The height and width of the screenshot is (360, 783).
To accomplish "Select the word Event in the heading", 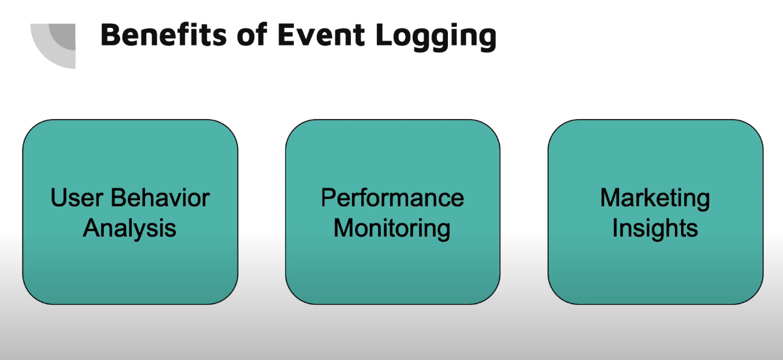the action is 322,35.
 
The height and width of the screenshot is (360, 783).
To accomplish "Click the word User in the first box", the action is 77,198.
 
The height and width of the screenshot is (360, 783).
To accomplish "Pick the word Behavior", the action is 160,198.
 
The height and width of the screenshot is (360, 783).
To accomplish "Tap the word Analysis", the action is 129,229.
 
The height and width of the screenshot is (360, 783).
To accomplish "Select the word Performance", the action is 393,198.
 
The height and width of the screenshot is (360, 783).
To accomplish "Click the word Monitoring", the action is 392,229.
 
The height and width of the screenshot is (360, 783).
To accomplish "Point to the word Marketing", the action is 655,199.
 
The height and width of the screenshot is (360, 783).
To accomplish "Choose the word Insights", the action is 655,229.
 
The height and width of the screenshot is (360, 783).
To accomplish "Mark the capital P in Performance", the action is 329,198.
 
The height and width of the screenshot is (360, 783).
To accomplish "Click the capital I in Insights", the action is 614,228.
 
